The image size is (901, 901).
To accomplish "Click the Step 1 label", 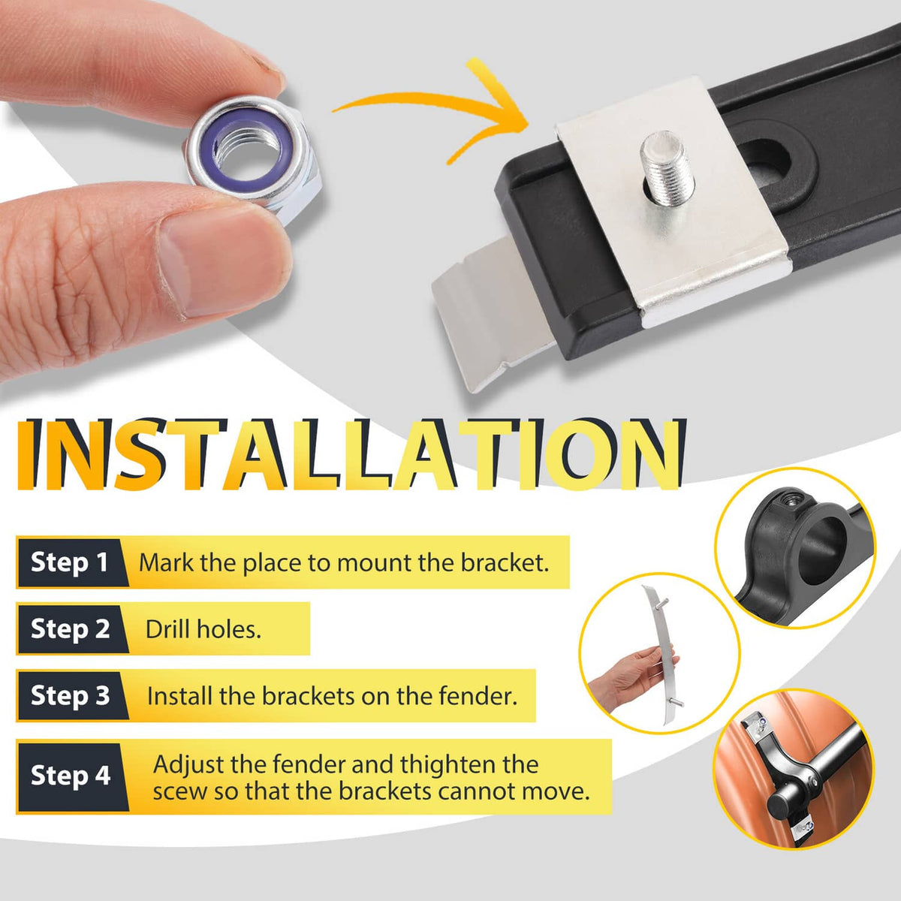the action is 70,562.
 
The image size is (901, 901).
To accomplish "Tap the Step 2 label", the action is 70,628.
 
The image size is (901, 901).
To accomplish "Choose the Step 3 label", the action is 70,695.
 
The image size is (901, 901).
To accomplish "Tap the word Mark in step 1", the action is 167,562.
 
